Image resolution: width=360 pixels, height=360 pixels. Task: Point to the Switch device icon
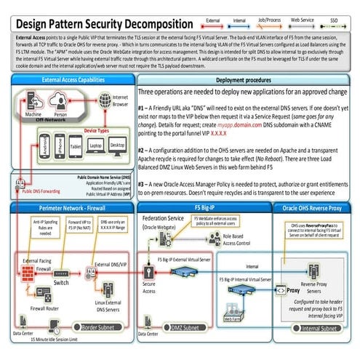(x=61, y=271)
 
